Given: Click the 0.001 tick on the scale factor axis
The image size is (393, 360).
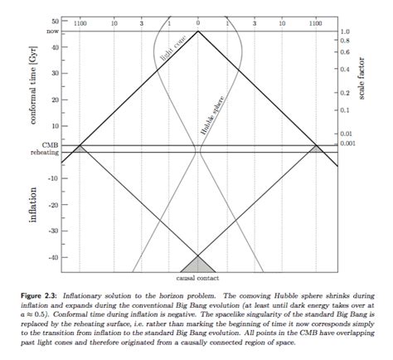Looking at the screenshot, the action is coord(348,144).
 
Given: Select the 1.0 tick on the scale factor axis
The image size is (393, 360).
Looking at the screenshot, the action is coord(345,31).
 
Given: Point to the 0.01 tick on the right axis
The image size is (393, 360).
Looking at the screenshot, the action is coord(347,133).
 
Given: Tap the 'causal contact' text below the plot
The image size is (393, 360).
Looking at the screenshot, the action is coord(197,278).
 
